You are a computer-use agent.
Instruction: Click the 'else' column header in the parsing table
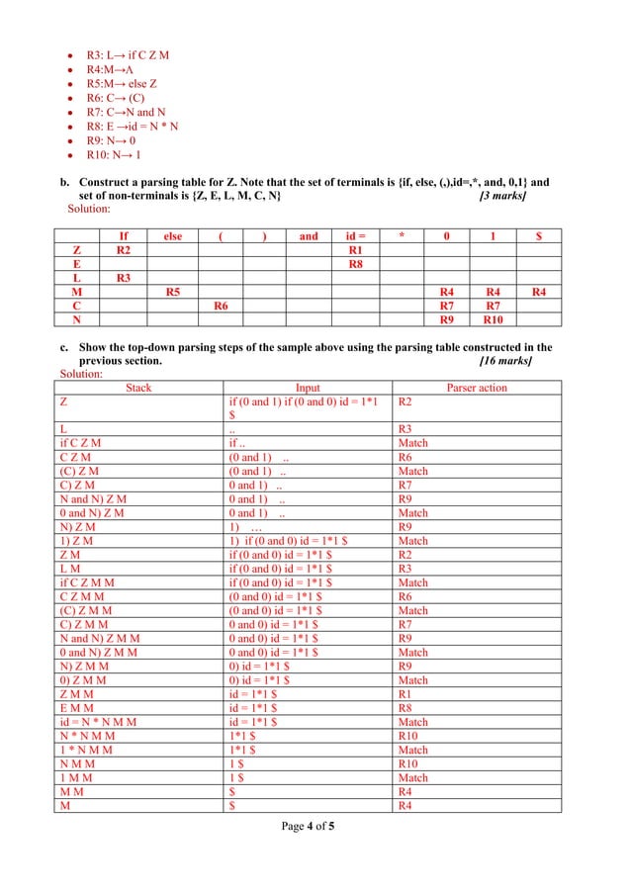click(172, 236)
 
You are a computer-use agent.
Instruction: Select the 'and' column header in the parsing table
click(309, 236)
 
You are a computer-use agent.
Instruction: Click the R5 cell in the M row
click(172, 293)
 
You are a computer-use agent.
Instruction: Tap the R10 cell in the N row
click(492, 320)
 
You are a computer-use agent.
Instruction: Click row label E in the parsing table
click(76, 264)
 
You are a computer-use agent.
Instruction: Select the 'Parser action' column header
click(477, 388)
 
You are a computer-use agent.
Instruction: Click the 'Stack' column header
click(138, 388)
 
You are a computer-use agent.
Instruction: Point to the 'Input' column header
click(309, 388)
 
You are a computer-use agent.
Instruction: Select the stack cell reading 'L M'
click(70, 570)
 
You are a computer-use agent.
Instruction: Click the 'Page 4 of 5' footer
click(308, 826)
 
